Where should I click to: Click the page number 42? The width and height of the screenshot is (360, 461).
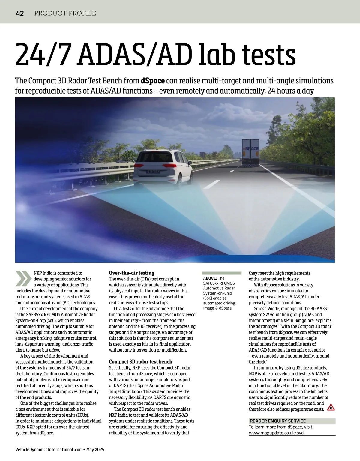click(20, 13)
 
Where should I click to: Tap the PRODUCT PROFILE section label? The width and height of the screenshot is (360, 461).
click(65, 13)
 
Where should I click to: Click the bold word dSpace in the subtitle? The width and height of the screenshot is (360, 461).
click(153, 81)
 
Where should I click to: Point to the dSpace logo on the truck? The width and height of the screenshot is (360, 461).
click(250, 148)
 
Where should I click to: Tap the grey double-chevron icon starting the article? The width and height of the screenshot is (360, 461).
click(23, 278)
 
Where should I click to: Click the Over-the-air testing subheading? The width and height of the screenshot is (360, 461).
click(131, 273)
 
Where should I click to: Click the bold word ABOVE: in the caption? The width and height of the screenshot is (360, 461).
click(210, 278)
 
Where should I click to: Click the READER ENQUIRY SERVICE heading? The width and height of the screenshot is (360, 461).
click(277, 421)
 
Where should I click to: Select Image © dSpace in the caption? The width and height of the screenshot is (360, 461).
click(217, 308)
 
